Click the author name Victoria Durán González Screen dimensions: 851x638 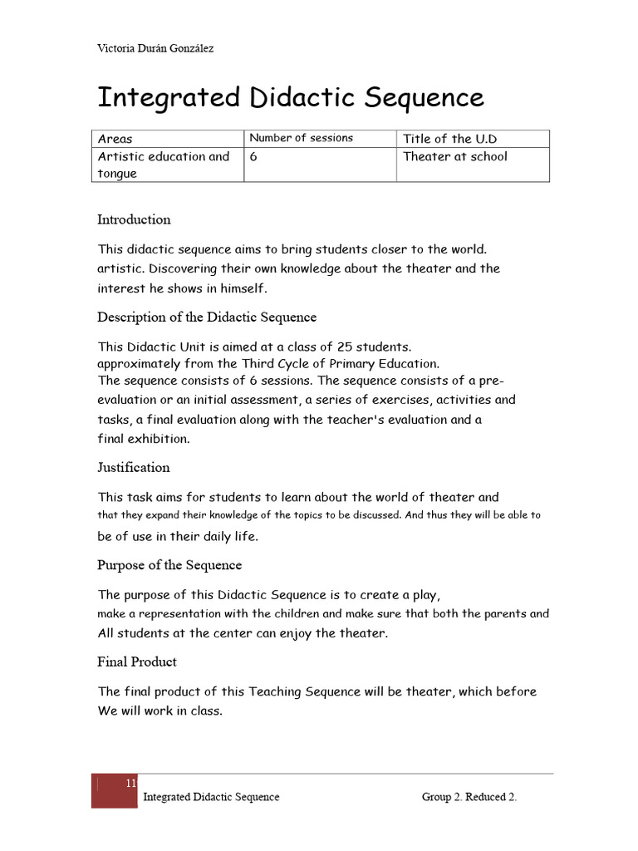pos(155,48)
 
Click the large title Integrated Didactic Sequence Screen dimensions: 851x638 pos(291,97)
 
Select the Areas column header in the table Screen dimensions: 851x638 pos(115,139)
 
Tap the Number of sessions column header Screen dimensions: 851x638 pos(301,138)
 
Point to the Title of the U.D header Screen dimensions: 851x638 pos(449,139)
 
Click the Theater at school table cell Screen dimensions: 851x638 pos(454,156)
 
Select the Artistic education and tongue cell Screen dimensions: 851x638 pos(163,165)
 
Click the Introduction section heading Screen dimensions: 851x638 pos(134,219)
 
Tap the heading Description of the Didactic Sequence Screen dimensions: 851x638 pos(207,317)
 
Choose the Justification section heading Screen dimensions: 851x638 pos(133,467)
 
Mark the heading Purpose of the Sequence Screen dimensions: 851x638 pos(169,565)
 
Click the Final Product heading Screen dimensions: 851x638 pos(137,662)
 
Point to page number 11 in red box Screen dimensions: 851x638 pos(130,784)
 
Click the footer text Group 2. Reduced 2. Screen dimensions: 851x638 pos(469,797)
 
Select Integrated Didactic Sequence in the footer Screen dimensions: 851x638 pos(211,797)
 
